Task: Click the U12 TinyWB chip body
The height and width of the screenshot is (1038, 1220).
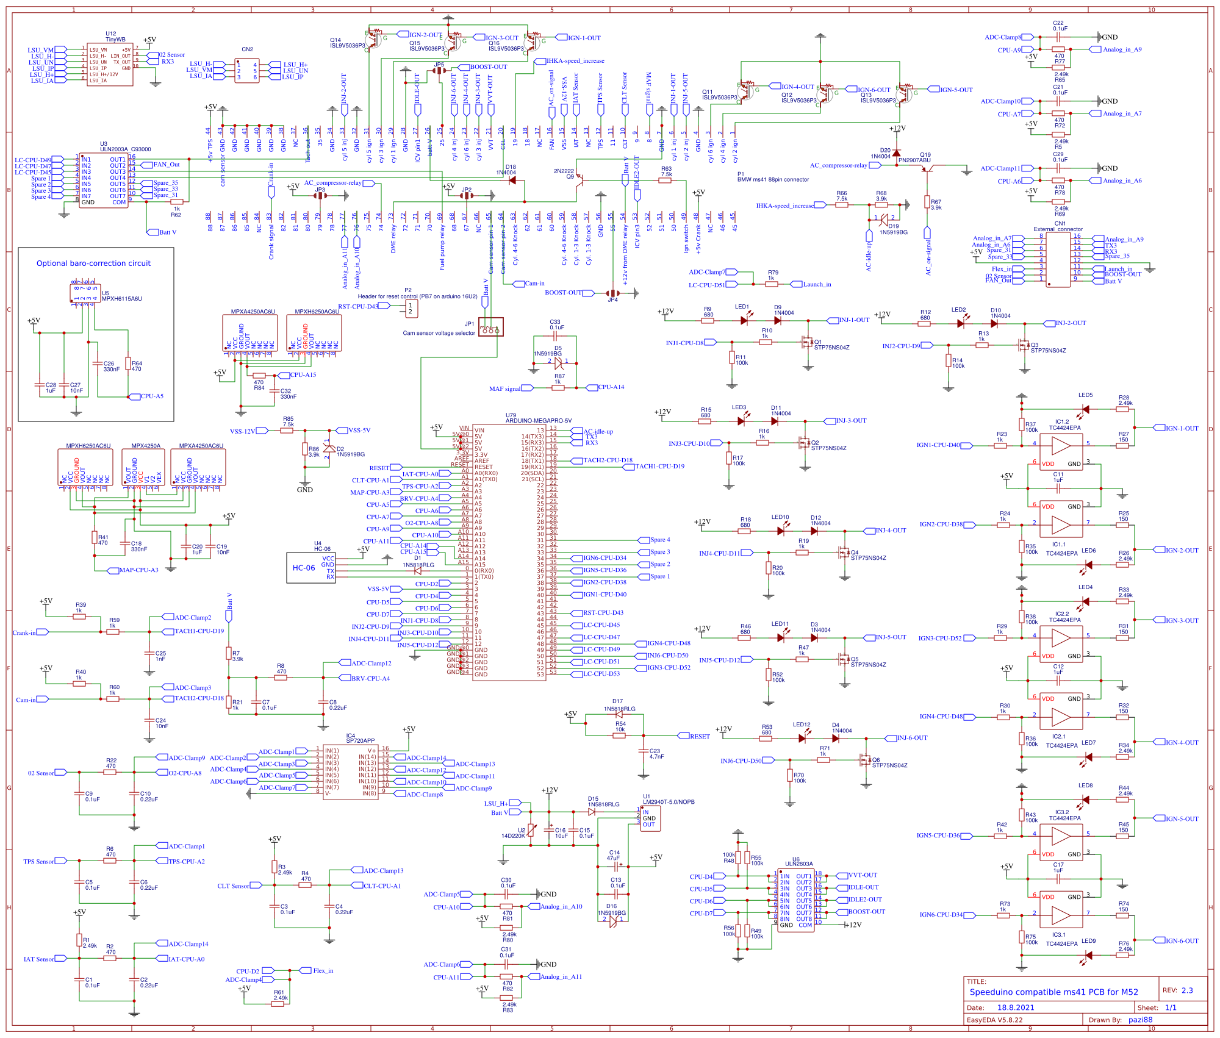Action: [110, 65]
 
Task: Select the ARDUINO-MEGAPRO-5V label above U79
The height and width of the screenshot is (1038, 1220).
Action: [539, 421]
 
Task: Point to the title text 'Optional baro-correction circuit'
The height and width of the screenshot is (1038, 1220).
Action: [93, 263]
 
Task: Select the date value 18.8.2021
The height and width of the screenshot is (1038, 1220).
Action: [1016, 1008]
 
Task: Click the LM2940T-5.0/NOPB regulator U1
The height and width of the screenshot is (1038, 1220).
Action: [650, 818]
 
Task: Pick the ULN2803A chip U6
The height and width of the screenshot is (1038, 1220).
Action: [796, 900]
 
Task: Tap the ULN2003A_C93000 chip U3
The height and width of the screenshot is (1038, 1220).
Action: [103, 181]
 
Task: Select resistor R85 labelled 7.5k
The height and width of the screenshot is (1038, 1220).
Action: [287, 431]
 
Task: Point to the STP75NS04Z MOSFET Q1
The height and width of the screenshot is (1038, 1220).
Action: [807, 342]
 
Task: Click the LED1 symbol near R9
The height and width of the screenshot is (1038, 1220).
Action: [744, 320]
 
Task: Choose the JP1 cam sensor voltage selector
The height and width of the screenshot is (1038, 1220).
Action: [491, 328]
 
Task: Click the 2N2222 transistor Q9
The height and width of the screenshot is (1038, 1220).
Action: [579, 179]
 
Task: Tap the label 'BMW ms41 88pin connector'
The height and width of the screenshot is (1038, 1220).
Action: [773, 180]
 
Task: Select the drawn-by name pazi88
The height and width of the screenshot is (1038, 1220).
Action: [1140, 1020]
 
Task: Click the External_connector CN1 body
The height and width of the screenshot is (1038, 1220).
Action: [1058, 259]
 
